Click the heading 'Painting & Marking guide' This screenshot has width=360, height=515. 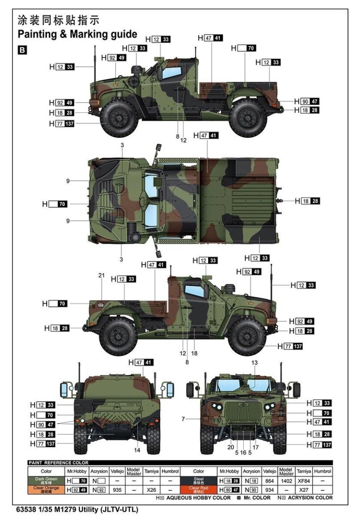click(77, 34)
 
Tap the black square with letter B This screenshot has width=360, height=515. click(21, 50)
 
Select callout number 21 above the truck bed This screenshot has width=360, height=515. click(101, 276)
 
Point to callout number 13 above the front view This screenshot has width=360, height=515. click(254, 363)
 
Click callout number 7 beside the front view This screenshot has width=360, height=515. click(183, 419)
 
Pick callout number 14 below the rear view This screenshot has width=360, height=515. click(137, 450)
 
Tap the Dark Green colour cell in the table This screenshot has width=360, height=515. click(46, 481)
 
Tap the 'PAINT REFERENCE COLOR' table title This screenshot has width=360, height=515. click(58, 463)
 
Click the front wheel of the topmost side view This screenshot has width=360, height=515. click(119, 119)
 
